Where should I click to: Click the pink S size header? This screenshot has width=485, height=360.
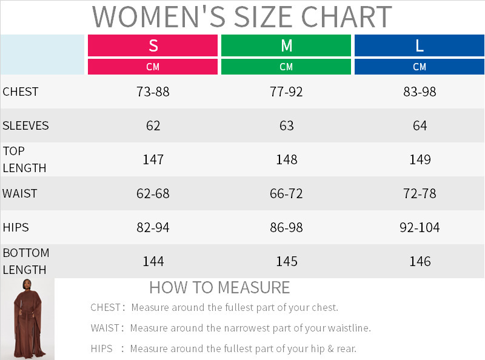[x=153, y=45]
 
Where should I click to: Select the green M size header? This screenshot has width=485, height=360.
[x=286, y=45]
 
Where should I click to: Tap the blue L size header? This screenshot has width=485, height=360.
[x=420, y=45]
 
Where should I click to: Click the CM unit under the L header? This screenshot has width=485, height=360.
[x=420, y=67]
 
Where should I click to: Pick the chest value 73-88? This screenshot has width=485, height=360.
[x=153, y=92]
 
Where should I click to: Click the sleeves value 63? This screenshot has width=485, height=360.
[x=286, y=126]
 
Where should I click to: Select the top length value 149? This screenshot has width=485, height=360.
[x=420, y=159]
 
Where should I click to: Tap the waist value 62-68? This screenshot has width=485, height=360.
[x=153, y=193]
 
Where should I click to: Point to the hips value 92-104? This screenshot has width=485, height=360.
[x=420, y=228]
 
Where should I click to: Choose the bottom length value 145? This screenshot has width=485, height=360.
[x=286, y=262]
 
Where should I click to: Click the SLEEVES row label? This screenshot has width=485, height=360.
[x=25, y=126]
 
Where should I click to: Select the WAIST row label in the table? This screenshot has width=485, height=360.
[x=19, y=193]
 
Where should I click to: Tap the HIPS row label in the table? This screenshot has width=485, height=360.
[x=16, y=228]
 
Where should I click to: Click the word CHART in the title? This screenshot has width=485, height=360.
[x=346, y=17]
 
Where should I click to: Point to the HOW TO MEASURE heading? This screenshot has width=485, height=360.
[x=219, y=288]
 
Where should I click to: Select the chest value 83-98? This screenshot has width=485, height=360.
[x=420, y=92]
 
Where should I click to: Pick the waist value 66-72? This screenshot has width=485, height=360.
[x=286, y=193]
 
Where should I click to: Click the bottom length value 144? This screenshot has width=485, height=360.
[x=153, y=262]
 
